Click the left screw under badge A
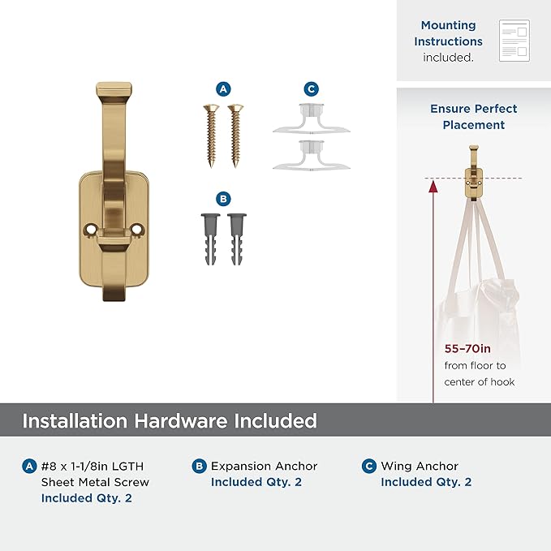[x=211, y=136]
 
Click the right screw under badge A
[x=235, y=136]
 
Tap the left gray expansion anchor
[x=210, y=239]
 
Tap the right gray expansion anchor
[x=237, y=239]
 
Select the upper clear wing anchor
[x=312, y=119]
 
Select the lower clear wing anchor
[x=312, y=156]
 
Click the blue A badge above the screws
[x=223, y=89]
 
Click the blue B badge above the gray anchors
[x=223, y=199]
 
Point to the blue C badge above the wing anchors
[x=312, y=89]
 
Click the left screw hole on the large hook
[x=91, y=230]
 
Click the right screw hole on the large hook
[x=137, y=230]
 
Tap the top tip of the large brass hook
[x=114, y=84]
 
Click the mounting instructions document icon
[x=514, y=41]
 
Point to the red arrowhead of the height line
[x=433, y=187]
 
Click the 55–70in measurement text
[x=467, y=349]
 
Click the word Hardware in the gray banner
[x=181, y=420]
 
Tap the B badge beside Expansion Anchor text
[x=200, y=466]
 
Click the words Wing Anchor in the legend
[x=420, y=466]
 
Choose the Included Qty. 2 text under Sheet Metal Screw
[x=87, y=498]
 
